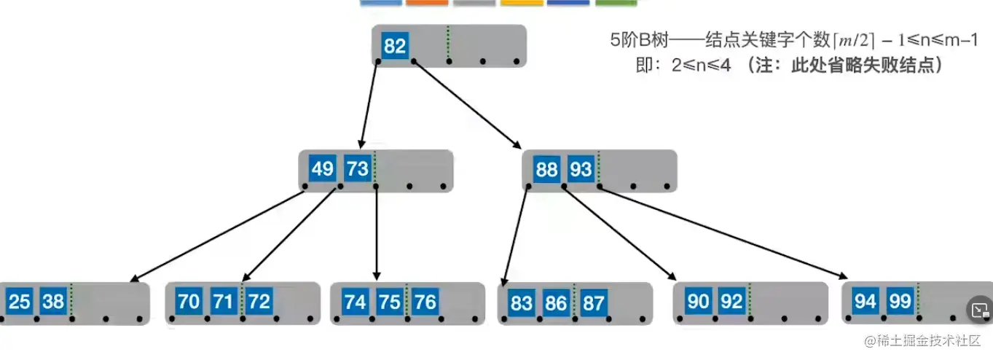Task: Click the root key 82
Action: point(394,47)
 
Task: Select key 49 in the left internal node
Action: point(322,170)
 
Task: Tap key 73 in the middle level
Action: point(358,170)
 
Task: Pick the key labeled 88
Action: point(546,170)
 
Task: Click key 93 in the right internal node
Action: point(581,170)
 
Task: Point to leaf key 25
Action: point(19,301)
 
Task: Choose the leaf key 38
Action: point(53,301)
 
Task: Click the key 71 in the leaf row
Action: point(224,301)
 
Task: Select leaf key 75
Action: point(390,301)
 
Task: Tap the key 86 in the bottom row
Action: point(556,302)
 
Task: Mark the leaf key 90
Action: point(698,301)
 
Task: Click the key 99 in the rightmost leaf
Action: point(900,301)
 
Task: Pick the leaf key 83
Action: point(521,302)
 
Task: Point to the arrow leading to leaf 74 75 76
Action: point(376,233)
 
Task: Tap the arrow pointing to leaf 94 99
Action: point(721,233)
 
